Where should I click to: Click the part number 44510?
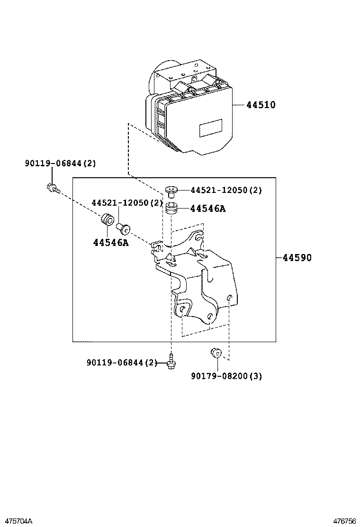[x=261, y=105]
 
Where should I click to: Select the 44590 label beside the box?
[x=297, y=258]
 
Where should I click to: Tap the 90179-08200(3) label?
[x=226, y=376]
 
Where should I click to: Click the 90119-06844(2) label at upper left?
[x=60, y=164]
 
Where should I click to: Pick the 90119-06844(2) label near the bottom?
[x=122, y=363]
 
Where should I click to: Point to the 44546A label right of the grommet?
[x=208, y=208]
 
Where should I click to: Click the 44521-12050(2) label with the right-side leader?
[x=226, y=190]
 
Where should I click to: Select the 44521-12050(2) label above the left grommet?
[x=127, y=202]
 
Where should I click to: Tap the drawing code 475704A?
[x=17, y=521]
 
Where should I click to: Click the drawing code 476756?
[x=344, y=521]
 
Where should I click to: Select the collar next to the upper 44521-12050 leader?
[x=171, y=191]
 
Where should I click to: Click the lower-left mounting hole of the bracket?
[x=182, y=309]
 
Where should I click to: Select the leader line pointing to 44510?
[x=238, y=105]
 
